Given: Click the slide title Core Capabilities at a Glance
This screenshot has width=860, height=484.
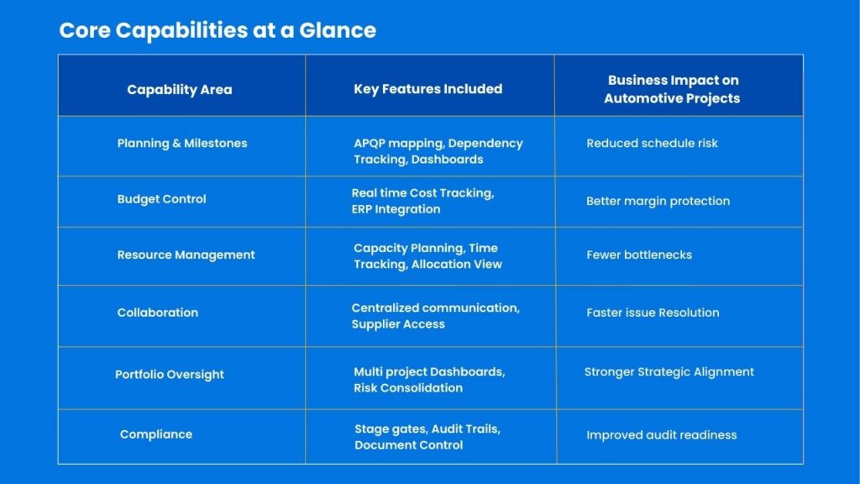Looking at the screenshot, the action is (218, 31).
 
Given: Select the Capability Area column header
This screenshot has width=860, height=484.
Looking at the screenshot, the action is (180, 90).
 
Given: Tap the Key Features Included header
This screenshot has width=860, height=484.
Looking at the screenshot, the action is (427, 89).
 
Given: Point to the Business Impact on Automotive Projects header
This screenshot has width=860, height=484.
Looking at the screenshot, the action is (673, 89).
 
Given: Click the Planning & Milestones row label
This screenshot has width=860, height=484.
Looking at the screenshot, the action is (182, 144).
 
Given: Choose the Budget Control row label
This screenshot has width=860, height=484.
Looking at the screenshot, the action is (162, 199).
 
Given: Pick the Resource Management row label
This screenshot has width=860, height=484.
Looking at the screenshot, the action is (186, 255).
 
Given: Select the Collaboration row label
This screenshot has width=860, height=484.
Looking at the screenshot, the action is (158, 313).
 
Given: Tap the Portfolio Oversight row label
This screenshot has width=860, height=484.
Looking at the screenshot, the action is (170, 375).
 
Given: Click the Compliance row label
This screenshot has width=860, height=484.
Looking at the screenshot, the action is (156, 434).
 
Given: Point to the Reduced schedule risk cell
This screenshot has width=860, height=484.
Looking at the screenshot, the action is (652, 143).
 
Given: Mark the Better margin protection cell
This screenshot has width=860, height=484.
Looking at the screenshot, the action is (658, 202).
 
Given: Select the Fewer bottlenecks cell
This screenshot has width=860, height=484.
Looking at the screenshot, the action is (639, 255).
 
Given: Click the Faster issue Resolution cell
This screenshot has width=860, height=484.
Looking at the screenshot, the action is (653, 313).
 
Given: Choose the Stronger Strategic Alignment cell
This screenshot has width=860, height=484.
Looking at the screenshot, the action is (669, 372).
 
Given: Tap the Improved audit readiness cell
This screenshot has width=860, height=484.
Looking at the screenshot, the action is (662, 435).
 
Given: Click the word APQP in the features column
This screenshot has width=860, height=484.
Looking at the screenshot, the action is (370, 144).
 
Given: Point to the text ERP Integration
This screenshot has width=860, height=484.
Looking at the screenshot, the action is (396, 209).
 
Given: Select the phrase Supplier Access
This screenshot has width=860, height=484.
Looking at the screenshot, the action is (398, 324).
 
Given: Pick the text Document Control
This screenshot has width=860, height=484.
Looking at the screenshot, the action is (409, 445).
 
